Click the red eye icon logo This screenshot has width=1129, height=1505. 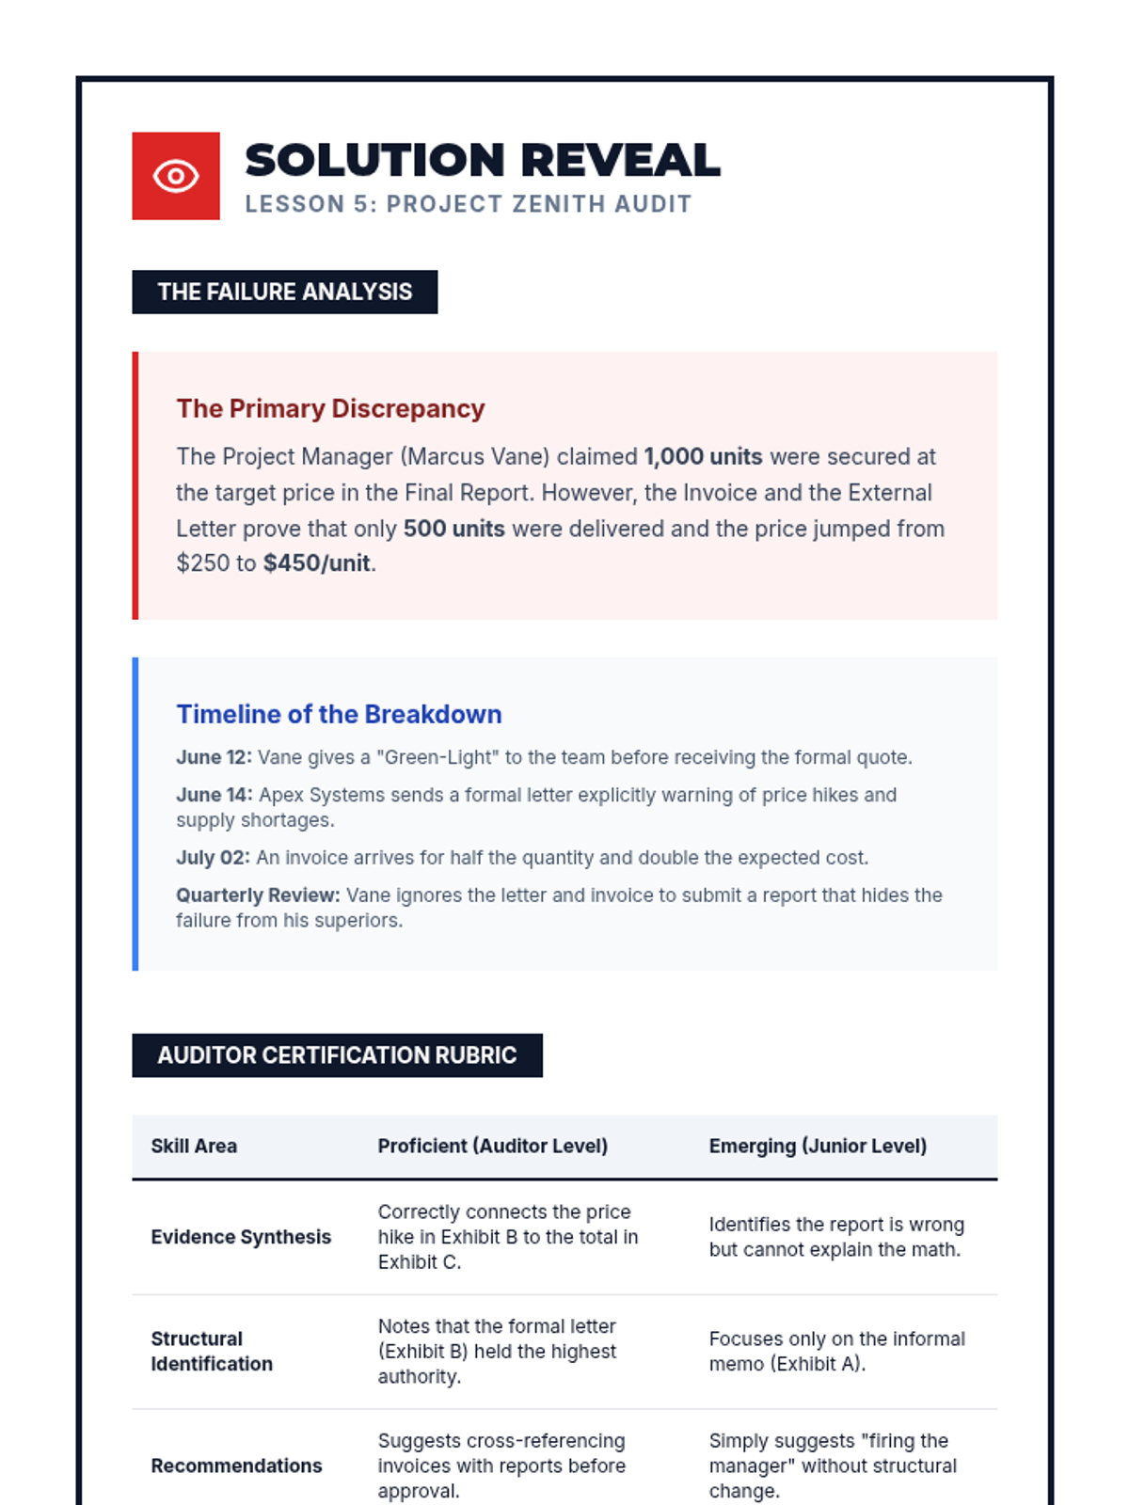(176, 176)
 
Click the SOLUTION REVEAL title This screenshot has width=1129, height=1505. (482, 160)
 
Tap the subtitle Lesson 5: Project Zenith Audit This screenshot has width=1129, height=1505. (468, 204)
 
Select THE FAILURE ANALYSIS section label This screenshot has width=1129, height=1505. (284, 292)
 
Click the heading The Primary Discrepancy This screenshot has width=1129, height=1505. (330, 408)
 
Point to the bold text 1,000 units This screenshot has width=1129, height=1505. (703, 457)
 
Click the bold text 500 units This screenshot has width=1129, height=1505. (453, 529)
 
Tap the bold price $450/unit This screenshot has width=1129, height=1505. (317, 563)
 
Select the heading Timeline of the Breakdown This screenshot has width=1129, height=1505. (339, 714)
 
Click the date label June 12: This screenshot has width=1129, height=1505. (214, 757)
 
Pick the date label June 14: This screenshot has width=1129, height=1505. (214, 795)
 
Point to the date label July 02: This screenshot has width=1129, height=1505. (213, 858)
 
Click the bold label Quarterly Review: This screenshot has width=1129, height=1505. (258, 895)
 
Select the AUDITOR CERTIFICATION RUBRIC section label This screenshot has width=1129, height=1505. (337, 1055)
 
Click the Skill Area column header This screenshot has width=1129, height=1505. (194, 1146)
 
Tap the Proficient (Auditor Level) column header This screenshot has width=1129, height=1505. (492, 1146)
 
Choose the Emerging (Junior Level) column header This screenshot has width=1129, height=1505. (818, 1146)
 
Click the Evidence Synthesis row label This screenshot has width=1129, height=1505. (241, 1237)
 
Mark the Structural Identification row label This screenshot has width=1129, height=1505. (212, 1351)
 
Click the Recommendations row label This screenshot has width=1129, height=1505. (236, 1465)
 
